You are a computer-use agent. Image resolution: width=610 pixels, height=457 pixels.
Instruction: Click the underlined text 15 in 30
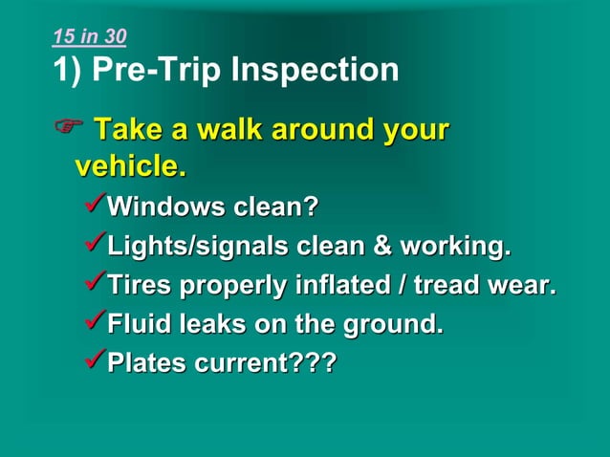click(x=89, y=37)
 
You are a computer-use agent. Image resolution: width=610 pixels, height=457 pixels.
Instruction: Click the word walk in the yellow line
click(x=225, y=129)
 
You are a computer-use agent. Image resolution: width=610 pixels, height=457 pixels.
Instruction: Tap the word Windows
click(x=164, y=207)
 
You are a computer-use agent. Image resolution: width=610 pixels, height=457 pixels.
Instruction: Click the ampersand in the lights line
click(x=381, y=247)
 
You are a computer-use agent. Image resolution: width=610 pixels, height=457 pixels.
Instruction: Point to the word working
click(x=454, y=247)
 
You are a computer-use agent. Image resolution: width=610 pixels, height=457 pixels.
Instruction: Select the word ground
click(x=398, y=325)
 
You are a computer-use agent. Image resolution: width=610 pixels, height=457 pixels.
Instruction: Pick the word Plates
click(x=148, y=364)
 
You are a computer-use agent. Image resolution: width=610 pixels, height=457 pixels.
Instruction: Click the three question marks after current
click(x=312, y=364)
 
